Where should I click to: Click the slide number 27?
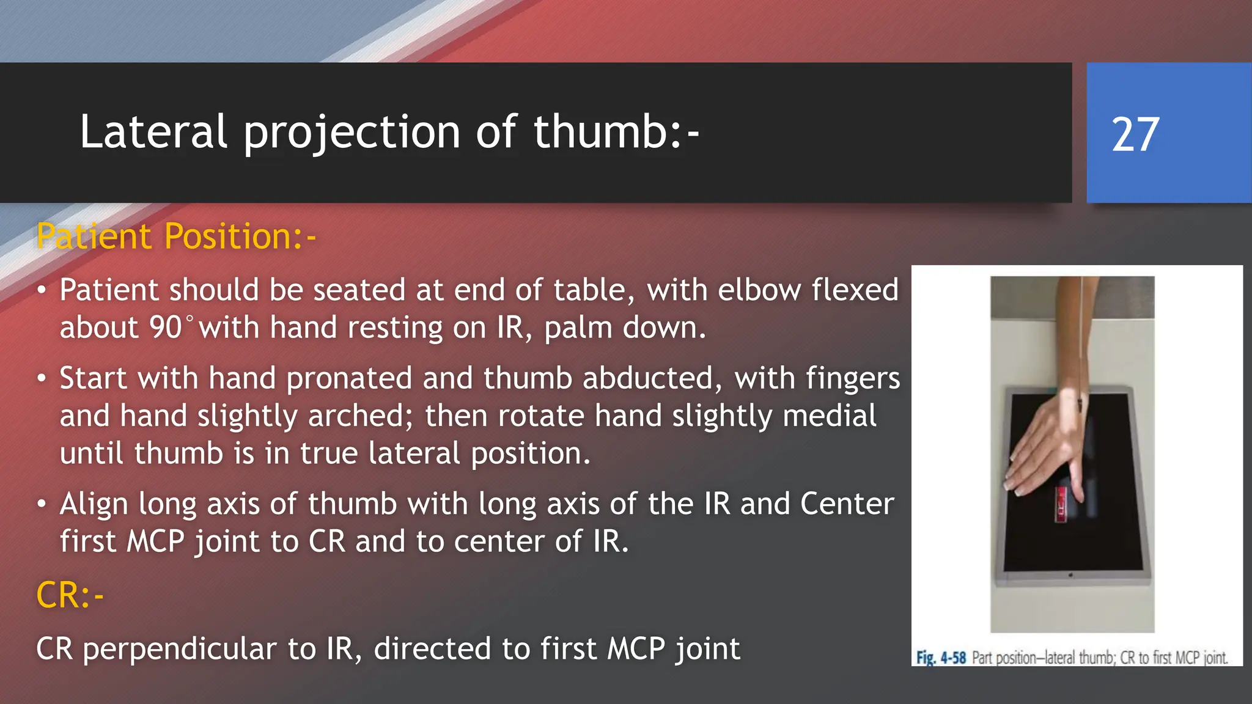1135,134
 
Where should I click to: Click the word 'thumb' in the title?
601,131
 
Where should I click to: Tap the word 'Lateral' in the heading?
153,131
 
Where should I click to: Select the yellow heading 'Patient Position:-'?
176,237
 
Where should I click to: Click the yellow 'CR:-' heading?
70,595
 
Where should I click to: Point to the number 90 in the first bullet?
165,328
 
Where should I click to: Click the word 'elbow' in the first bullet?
759,290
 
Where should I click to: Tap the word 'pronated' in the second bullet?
349,378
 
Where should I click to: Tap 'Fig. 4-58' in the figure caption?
940,658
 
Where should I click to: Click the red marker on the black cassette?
1061,505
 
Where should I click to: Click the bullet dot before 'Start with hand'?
41,379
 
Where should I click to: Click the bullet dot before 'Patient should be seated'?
41,290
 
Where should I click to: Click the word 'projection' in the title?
352,133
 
